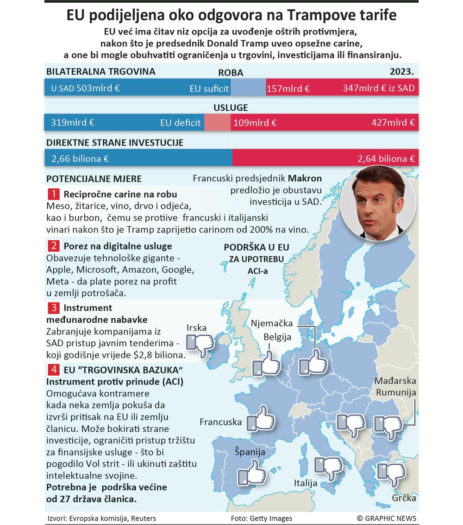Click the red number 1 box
tap(54, 194)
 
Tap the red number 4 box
tap(54, 370)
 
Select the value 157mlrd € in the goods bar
tap(288, 89)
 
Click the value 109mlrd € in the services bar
tap(255, 123)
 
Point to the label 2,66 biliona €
tap(80, 159)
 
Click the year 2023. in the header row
tap(401, 72)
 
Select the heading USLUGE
tap(231, 108)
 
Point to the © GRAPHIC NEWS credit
tap(386, 518)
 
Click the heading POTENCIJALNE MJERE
tap(94, 179)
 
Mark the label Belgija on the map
tap(277, 337)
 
